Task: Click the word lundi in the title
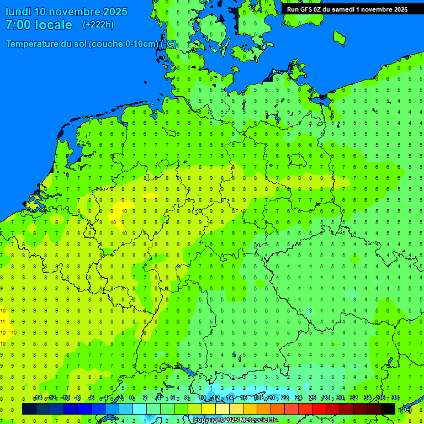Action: point(18,12)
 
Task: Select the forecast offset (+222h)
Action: point(98,25)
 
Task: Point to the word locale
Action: point(54,25)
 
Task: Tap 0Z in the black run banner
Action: point(321,9)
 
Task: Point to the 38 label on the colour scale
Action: point(395,398)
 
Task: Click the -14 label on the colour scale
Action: point(38,398)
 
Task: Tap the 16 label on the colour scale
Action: point(243,398)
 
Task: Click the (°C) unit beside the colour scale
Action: point(406,410)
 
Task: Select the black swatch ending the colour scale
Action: point(388,409)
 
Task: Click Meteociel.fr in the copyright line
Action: point(258,420)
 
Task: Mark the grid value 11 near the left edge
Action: point(3,321)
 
